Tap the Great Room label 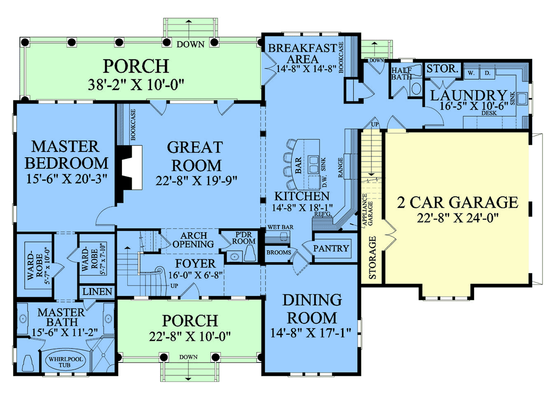pyautogui.click(x=196, y=156)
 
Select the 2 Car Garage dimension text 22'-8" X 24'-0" pyautogui.click(x=458, y=218)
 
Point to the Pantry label pyautogui.click(x=331, y=248)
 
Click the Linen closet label pyautogui.click(x=97, y=292)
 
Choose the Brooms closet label pyautogui.click(x=279, y=252)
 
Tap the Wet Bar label pyautogui.click(x=280, y=227)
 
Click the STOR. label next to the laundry pyautogui.click(x=442, y=69)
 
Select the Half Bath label pyautogui.click(x=401, y=74)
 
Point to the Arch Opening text pyautogui.click(x=193, y=240)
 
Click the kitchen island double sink pyautogui.click(x=313, y=164)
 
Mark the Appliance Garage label pyautogui.click(x=367, y=210)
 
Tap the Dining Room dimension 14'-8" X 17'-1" pyautogui.click(x=310, y=333)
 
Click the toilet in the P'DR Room pyautogui.click(x=250, y=253)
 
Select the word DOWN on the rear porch pyautogui.click(x=190, y=44)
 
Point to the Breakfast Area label pyautogui.click(x=303, y=54)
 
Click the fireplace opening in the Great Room pyautogui.click(x=137, y=168)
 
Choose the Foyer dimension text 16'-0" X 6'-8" pyautogui.click(x=196, y=275)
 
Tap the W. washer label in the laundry pyautogui.click(x=471, y=73)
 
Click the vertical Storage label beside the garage pyautogui.click(x=373, y=258)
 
